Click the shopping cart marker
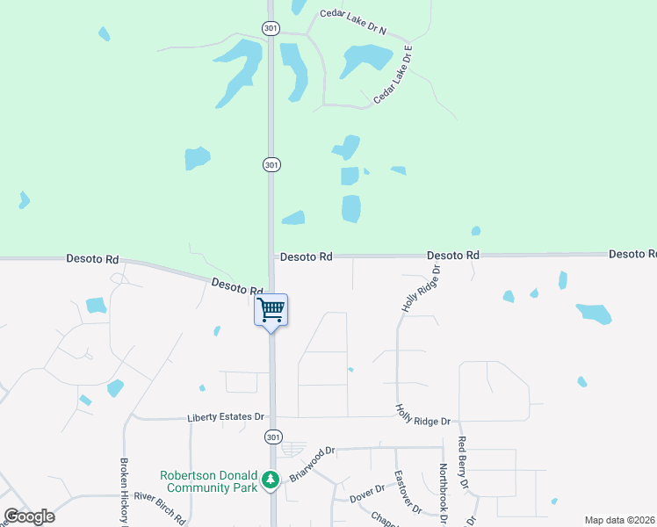point(271,309)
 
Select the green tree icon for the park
point(272,479)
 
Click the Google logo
point(29,516)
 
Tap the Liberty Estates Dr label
point(225,417)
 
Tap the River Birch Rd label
point(159,509)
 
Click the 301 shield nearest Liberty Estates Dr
point(272,437)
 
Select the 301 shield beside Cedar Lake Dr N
point(271,28)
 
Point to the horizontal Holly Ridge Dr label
point(422,415)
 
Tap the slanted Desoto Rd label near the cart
point(237,286)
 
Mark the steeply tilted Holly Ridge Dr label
point(421,289)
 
